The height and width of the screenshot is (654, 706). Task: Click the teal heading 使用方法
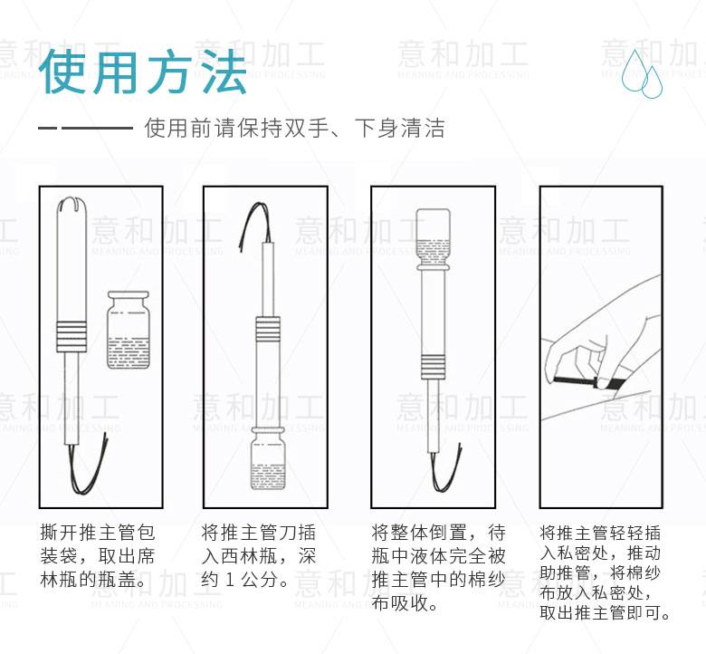pos(143,72)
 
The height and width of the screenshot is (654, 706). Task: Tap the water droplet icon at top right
pos(642,73)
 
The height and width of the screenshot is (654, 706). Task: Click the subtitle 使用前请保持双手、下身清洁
pos(294,128)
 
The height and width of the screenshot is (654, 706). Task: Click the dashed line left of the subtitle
pos(86,128)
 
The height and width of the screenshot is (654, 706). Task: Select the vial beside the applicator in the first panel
pos(129,330)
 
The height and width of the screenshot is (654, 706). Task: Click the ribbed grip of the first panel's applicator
pos(72,336)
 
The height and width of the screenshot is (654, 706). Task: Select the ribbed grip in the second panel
pos(268,329)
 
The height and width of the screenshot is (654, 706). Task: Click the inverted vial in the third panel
pos(433,239)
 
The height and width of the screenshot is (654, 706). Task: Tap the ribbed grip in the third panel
pos(434,367)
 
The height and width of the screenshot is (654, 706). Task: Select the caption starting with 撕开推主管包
pos(97,556)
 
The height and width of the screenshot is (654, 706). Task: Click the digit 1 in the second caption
pos(230,580)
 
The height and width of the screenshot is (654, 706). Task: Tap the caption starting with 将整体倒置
pos(439,567)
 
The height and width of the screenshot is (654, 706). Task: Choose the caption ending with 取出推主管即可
pos(605,572)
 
